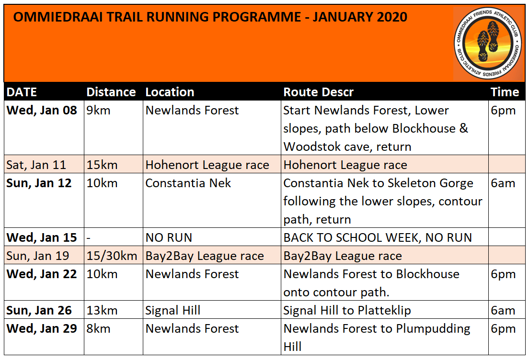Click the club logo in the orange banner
click(488, 44)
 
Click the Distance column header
click(111, 92)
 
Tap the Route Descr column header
click(318, 92)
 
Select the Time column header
click(505, 92)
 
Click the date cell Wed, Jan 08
click(42, 111)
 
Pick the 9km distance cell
click(98, 111)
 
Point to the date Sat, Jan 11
click(36, 165)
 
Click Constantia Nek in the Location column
click(188, 183)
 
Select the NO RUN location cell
click(169, 237)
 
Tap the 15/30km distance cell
click(112, 256)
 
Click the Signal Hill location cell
click(172, 310)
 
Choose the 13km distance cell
click(102, 310)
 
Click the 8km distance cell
click(98, 329)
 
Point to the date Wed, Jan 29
click(42, 329)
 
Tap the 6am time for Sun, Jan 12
click(503, 183)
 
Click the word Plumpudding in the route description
click(433, 329)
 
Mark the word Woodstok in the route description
click(312, 147)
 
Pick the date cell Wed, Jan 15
click(42, 237)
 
